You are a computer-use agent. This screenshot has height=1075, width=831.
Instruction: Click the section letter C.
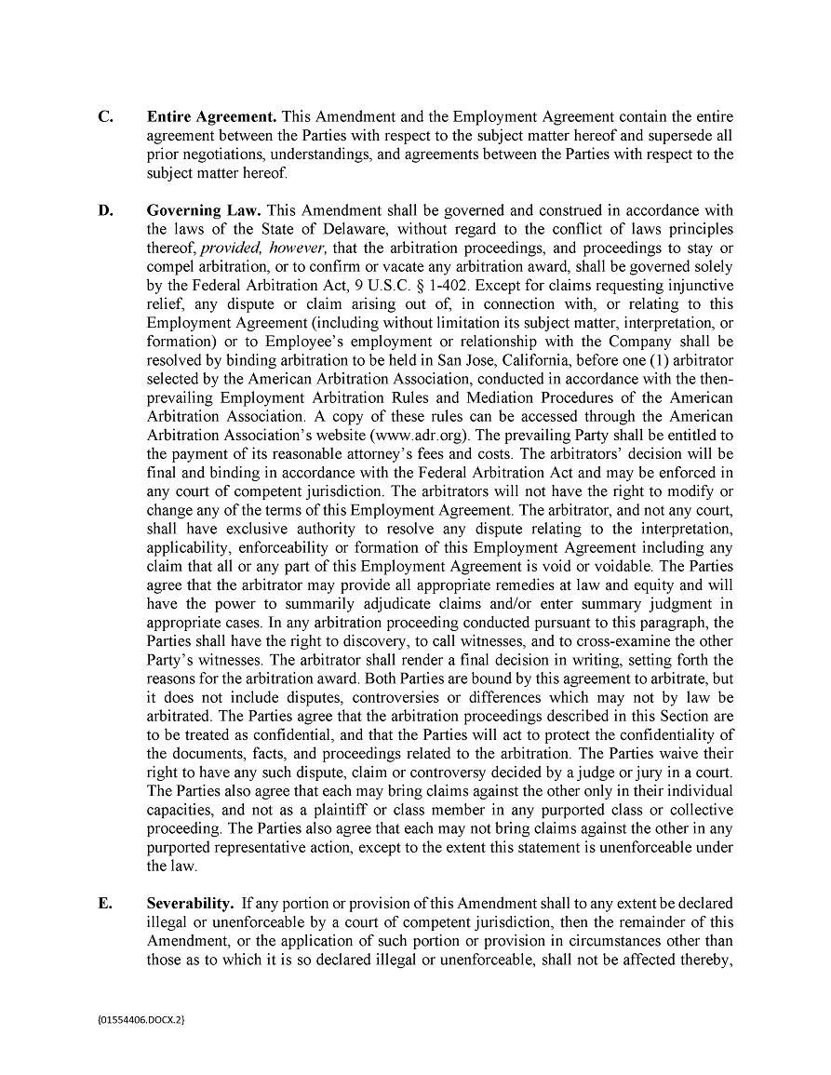point(106,117)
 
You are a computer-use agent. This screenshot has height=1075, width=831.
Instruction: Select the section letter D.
point(106,210)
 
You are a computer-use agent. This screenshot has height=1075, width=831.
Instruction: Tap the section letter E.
point(105,903)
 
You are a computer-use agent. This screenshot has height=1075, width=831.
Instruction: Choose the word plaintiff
point(342,810)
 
